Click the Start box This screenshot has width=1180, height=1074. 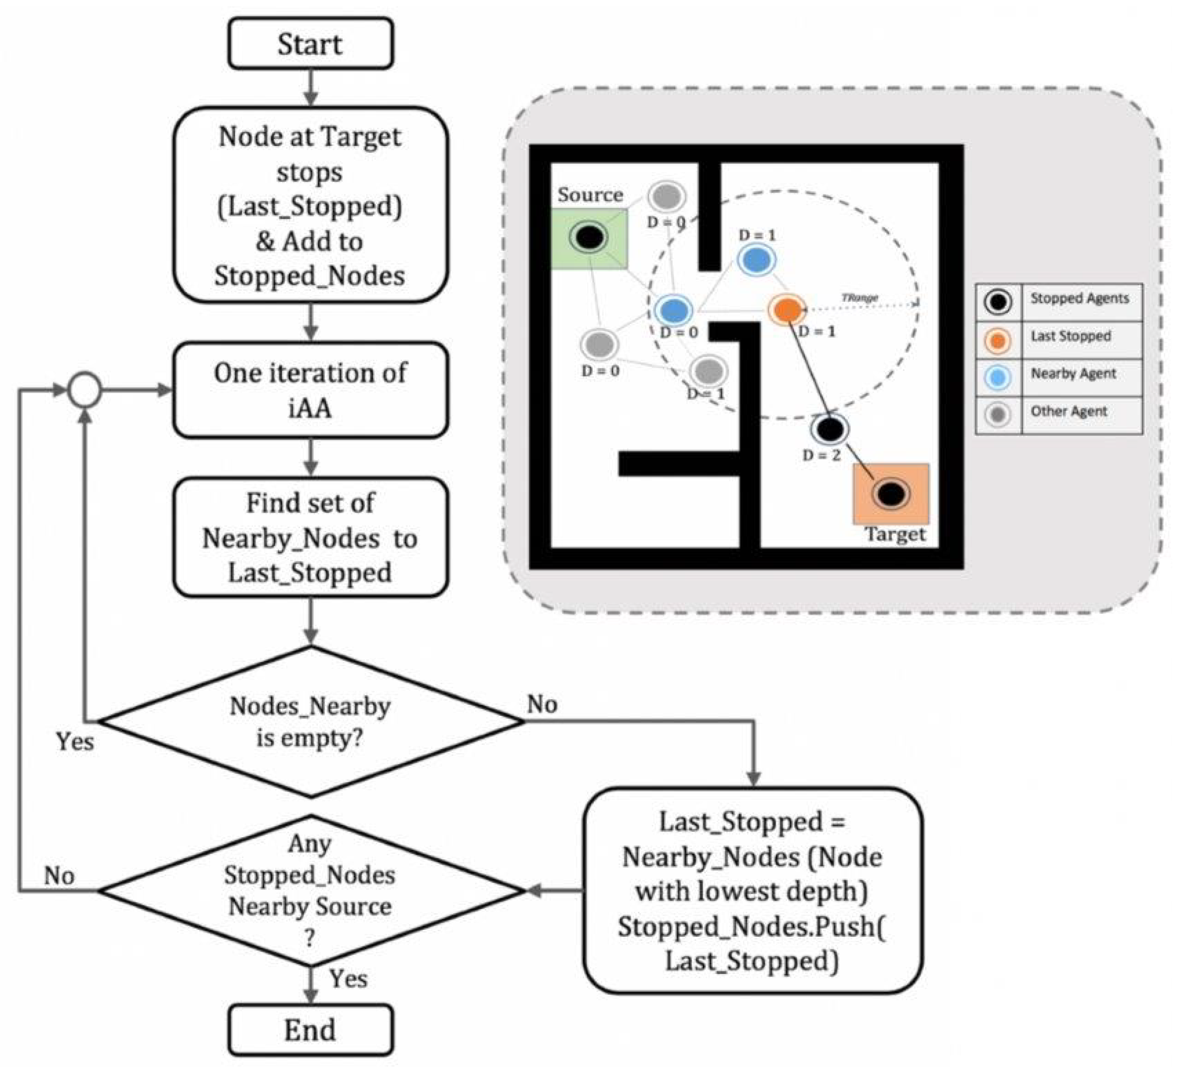point(311,44)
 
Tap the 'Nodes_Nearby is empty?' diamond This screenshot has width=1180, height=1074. point(311,722)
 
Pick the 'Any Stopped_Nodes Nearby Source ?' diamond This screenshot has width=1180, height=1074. point(311,891)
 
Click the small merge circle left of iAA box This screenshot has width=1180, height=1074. point(85,390)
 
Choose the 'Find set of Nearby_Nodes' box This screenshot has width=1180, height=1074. point(311,537)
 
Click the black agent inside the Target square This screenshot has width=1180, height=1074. point(890,494)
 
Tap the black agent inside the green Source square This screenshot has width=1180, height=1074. point(589,237)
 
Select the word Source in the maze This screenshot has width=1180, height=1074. point(590,195)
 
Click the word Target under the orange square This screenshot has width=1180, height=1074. point(896,534)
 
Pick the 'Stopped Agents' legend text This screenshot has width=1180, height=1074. point(1079,299)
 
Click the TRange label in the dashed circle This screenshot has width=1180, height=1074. point(860,297)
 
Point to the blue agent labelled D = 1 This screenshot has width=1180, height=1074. point(757,260)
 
